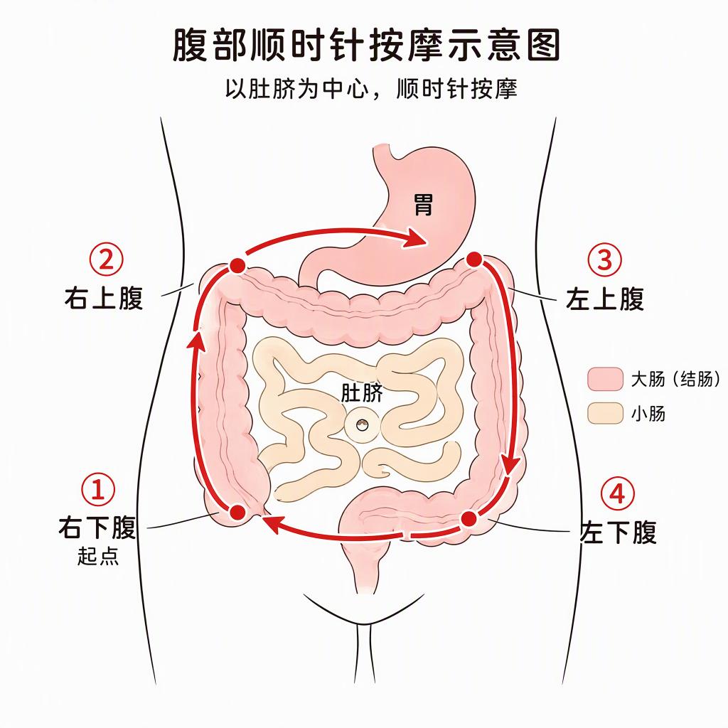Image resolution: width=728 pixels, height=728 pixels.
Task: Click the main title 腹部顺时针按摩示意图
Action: [x=366, y=45]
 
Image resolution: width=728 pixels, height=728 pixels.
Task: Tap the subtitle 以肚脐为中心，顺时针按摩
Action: [x=371, y=88]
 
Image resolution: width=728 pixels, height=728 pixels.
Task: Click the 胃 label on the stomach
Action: [x=423, y=205]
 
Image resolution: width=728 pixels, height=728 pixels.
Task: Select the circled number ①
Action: [x=98, y=489]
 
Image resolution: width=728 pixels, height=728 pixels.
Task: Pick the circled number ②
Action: [x=107, y=259]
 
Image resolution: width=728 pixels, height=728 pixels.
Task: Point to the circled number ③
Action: [x=604, y=259]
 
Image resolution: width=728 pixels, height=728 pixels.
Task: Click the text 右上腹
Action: [x=104, y=298]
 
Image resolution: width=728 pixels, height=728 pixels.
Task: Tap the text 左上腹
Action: [x=605, y=299]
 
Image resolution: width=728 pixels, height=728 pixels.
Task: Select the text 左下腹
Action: [x=619, y=532]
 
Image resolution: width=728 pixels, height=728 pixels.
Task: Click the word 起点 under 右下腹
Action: [x=98, y=556]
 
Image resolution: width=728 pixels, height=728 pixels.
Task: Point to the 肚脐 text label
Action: [x=362, y=392]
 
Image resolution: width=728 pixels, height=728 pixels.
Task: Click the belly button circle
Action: [x=362, y=424]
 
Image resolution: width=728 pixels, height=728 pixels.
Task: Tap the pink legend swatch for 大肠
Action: [x=605, y=379]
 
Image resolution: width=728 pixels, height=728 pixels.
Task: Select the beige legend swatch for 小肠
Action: [x=605, y=413]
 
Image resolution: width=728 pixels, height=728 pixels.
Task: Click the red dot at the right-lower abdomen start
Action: [x=237, y=512]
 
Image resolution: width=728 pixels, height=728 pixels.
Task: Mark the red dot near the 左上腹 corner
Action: [x=474, y=259]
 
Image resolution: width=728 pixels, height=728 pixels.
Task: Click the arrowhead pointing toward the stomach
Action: [x=416, y=238]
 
